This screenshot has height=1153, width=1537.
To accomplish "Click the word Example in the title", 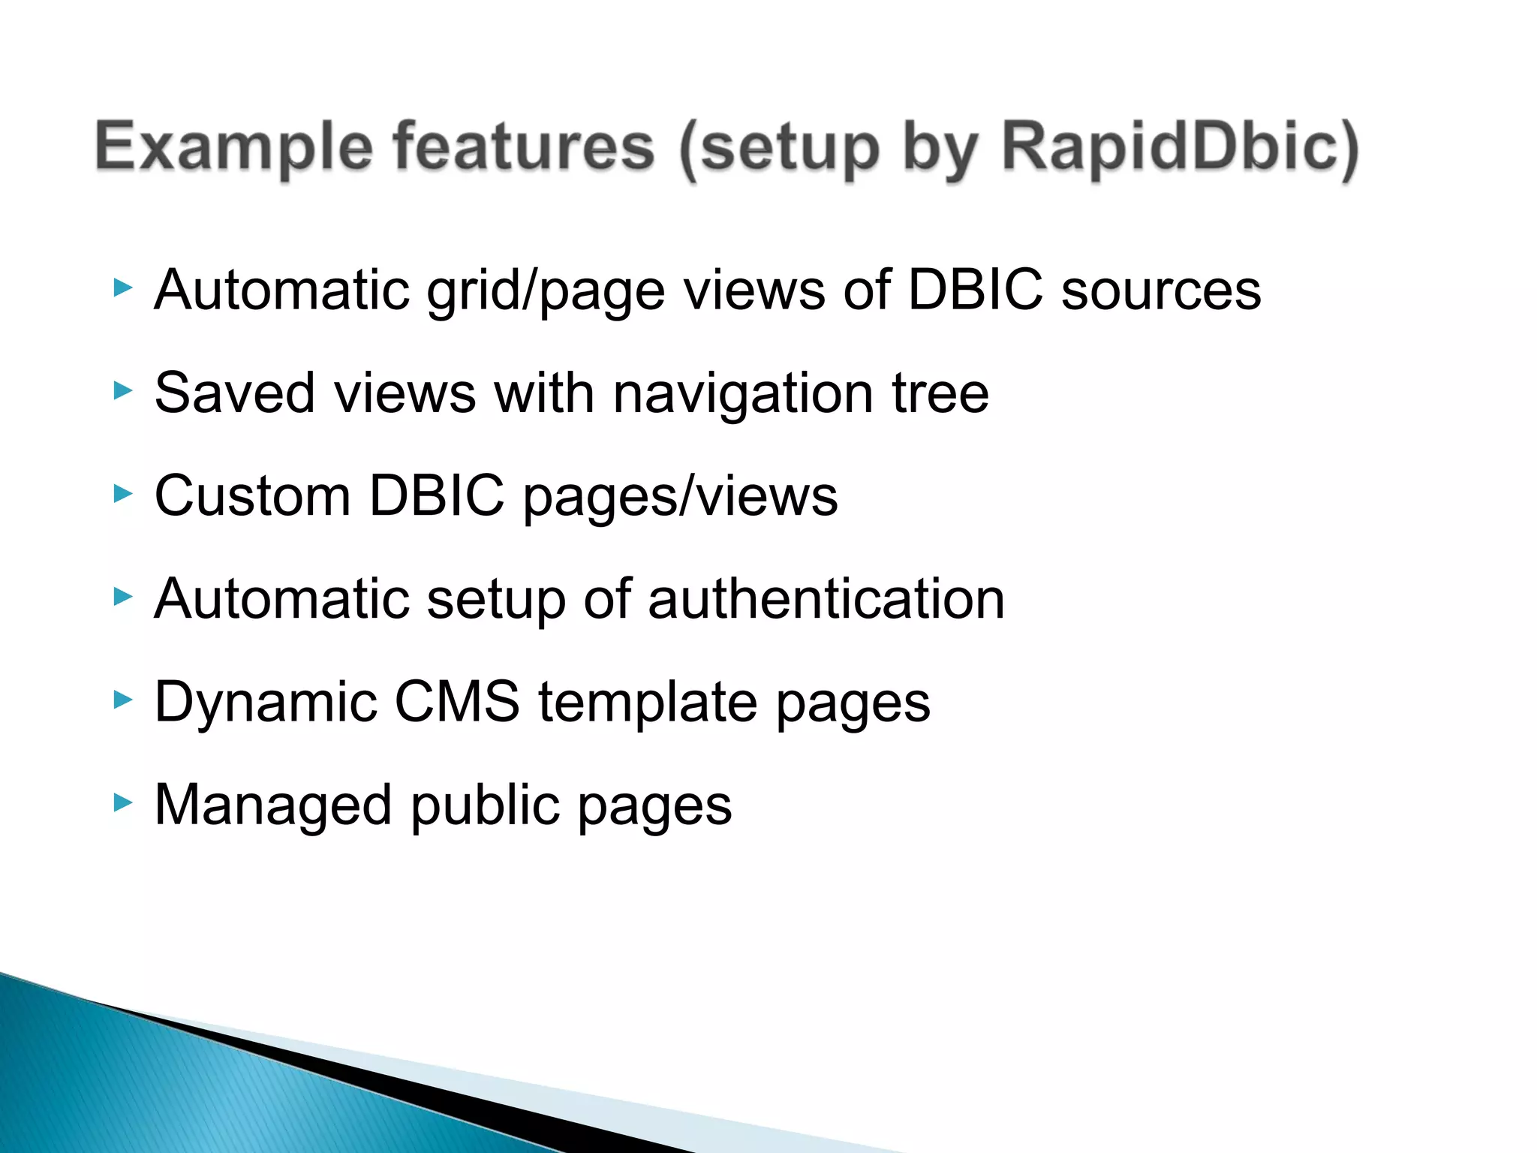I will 233,147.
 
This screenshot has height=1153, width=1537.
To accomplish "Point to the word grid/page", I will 546,291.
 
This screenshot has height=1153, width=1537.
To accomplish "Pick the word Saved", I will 234,393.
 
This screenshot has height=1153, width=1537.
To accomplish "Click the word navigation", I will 743,394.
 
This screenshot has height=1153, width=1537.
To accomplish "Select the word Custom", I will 252,495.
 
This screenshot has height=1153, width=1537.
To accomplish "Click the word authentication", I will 826,599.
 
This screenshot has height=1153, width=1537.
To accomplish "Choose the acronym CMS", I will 457,702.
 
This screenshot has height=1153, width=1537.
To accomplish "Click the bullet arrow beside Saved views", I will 122,390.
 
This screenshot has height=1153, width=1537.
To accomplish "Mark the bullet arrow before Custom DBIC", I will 122,493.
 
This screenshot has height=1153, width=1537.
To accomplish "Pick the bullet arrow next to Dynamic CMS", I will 122,700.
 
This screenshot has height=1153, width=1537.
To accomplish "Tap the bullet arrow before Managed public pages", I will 122,802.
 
